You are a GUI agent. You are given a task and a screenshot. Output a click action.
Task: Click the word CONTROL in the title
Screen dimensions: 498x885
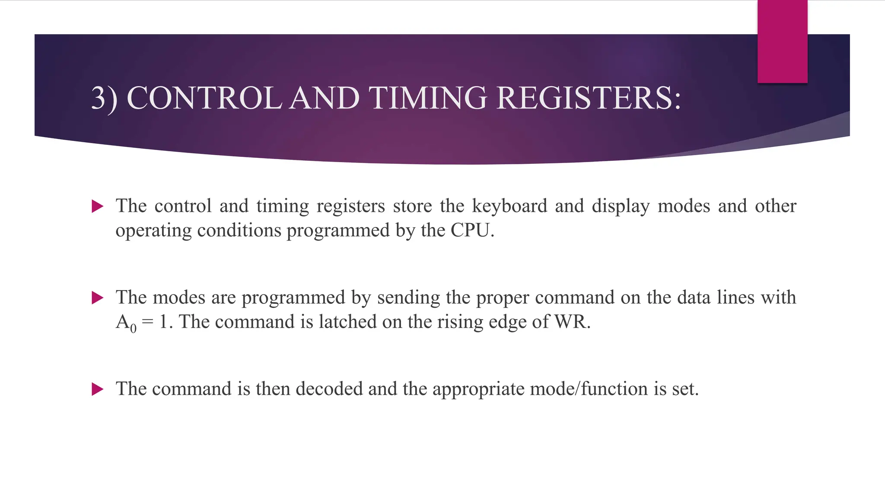[204, 98]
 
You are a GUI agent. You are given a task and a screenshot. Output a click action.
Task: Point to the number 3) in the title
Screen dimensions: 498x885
[104, 98]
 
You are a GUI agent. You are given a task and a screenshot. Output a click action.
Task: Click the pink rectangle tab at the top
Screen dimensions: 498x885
[782, 41]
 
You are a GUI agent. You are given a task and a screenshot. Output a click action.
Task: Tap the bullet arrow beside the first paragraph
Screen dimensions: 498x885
[98, 207]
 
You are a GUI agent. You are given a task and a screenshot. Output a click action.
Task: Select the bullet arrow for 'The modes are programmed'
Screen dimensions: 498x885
[98, 298]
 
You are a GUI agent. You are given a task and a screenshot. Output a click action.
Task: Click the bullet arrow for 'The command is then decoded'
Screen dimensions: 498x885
[98, 389]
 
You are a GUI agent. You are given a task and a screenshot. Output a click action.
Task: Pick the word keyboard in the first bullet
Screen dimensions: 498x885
[509, 206]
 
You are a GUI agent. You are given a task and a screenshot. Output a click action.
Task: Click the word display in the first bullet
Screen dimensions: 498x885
[621, 206]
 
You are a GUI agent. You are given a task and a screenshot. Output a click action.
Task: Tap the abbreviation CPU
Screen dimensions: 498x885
[470, 230]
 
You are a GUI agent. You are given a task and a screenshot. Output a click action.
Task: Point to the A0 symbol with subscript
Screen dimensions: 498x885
[126, 322]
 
